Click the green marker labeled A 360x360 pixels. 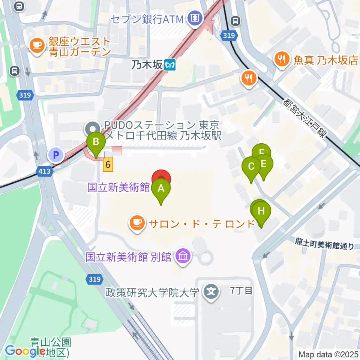click(x=161, y=189)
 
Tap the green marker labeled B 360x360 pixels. click(x=96, y=142)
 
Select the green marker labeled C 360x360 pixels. click(x=251, y=166)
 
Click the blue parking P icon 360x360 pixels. click(x=56, y=154)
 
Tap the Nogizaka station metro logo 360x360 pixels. click(x=170, y=65)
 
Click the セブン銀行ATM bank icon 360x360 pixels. click(x=195, y=18)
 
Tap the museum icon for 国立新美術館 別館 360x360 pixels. click(x=183, y=257)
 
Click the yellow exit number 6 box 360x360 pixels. click(x=108, y=164)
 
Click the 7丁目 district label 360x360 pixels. click(x=241, y=290)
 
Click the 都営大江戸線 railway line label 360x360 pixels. click(x=304, y=117)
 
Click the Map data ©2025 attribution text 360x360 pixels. click(x=328, y=354)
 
